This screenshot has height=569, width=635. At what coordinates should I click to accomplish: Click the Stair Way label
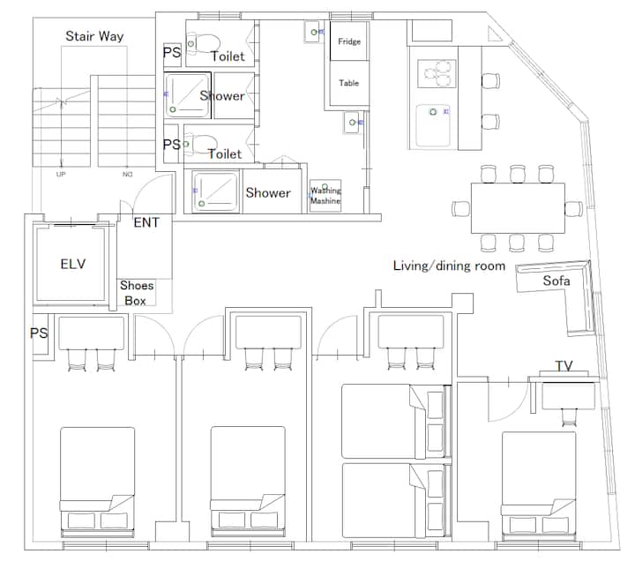[94, 36]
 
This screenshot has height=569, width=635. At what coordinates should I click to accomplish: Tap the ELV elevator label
[73, 264]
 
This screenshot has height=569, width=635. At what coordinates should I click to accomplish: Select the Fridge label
[349, 41]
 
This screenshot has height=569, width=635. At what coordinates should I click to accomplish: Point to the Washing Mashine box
[325, 196]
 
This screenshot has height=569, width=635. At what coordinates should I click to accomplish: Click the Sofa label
[557, 281]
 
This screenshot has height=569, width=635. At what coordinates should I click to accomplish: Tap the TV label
[564, 366]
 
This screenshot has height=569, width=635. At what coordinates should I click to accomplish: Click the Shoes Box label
[137, 293]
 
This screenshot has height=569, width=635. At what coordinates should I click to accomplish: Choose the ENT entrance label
[146, 222]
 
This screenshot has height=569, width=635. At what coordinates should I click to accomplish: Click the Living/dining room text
[449, 266]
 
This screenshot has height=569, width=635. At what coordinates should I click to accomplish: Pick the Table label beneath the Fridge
[348, 83]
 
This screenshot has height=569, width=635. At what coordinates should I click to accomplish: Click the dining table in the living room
[518, 208]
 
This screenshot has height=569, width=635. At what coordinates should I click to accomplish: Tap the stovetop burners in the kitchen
[437, 74]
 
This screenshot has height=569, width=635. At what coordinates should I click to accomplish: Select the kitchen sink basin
[433, 125]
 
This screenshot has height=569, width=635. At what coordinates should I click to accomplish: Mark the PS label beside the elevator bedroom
[39, 333]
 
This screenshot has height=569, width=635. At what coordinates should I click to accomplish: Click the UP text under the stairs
[61, 175]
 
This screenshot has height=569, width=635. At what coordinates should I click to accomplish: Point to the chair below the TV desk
[570, 417]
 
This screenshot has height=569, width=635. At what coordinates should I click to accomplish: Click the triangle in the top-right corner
[494, 34]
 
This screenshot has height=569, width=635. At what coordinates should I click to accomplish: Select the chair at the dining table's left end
[461, 208]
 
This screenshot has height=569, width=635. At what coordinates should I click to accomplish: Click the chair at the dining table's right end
[574, 208]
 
